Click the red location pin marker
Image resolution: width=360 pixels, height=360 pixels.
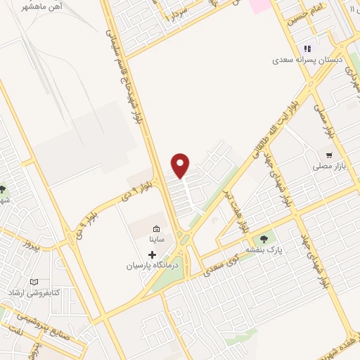coord(181,165)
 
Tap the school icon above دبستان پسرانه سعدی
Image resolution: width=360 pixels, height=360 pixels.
coord(307,49)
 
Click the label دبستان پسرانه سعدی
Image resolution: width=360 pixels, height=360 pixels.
coord(307,60)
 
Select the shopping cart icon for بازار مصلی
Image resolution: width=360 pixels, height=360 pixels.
coord(328,155)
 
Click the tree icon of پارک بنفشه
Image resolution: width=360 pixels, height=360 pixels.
coord(264,239)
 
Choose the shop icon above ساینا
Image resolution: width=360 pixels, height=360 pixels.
coord(156,229)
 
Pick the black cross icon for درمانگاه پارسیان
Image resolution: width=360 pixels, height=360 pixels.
coord(152,254)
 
